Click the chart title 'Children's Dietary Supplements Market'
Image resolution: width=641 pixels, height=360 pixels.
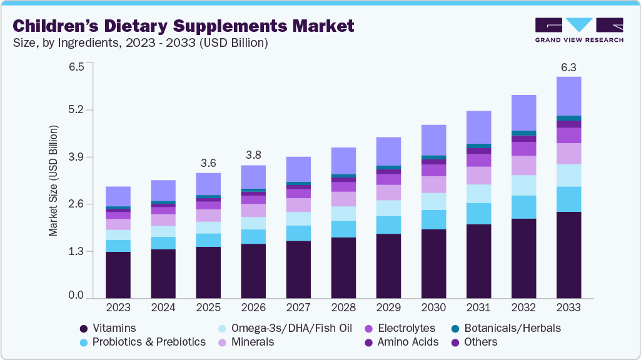click(183, 26)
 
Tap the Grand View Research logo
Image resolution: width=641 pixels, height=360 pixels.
click(579, 29)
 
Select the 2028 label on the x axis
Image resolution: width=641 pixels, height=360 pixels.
click(343, 307)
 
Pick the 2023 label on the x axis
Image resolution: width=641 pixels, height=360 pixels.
click(118, 307)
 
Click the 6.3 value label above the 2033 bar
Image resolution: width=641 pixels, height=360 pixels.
click(568, 67)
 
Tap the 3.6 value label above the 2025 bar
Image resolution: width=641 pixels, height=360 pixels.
click(208, 163)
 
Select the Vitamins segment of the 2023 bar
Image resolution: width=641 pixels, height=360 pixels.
click(118, 275)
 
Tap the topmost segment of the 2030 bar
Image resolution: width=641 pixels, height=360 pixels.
click(433, 140)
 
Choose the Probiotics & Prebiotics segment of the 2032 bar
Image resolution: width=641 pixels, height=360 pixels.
click(523, 207)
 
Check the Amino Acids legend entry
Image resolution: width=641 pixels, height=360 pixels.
click(405, 342)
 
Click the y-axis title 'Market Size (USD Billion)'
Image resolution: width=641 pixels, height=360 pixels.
click(54, 181)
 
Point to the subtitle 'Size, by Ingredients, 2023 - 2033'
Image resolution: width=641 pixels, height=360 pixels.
click(141, 43)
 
